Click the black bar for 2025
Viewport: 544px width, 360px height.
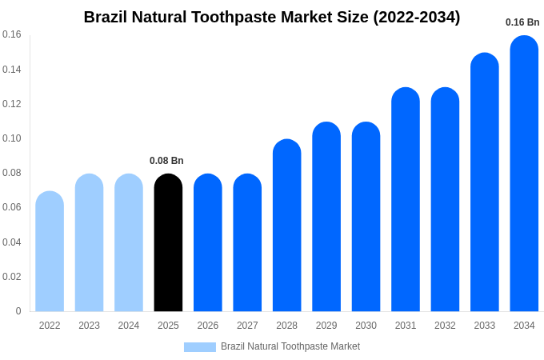[168, 243]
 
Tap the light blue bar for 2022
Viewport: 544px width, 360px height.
[50, 252]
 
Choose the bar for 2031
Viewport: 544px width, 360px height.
[406, 200]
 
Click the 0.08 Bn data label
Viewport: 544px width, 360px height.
[166, 161]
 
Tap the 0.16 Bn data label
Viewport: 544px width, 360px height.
[522, 22]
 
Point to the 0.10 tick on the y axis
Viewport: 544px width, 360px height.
[12, 138]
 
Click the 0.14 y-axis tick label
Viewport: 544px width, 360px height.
[12, 70]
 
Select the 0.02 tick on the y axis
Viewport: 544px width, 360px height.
[12, 277]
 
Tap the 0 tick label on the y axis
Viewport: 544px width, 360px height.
[18, 311]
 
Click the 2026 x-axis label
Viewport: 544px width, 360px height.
[208, 326]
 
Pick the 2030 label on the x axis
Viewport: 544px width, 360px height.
[366, 326]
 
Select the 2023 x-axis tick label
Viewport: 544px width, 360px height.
[89, 326]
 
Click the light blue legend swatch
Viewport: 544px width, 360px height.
[199, 347]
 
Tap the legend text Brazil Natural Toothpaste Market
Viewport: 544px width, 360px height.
[290, 346]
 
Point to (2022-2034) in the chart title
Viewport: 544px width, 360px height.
[417, 17]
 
